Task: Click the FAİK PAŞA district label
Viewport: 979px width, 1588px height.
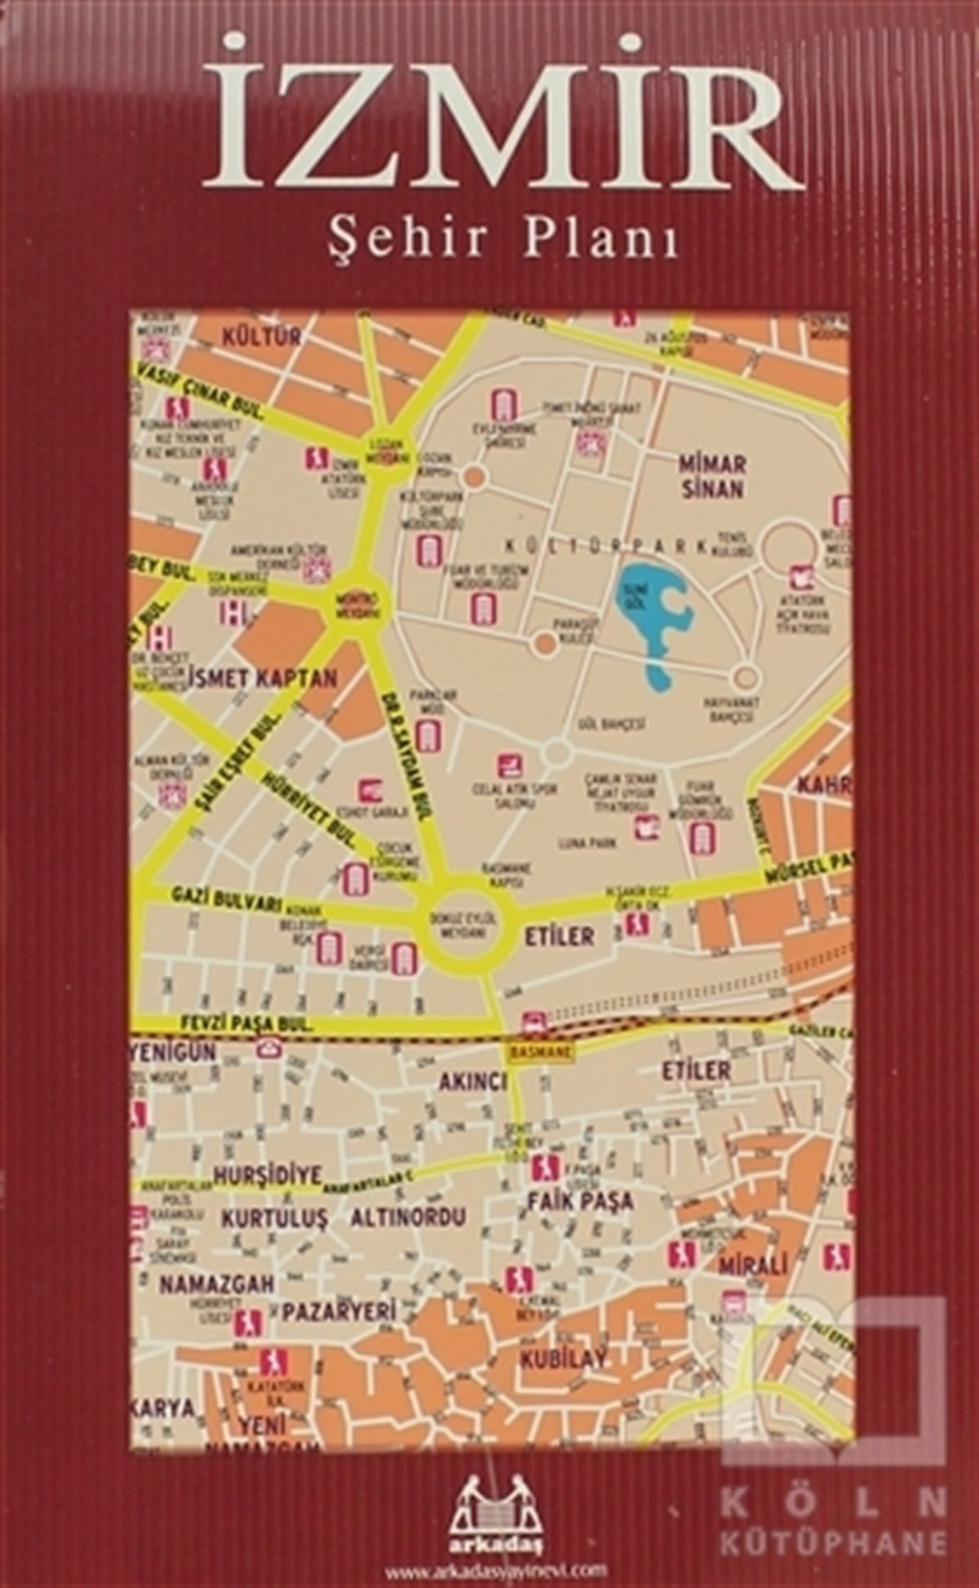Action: pos(580,1200)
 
